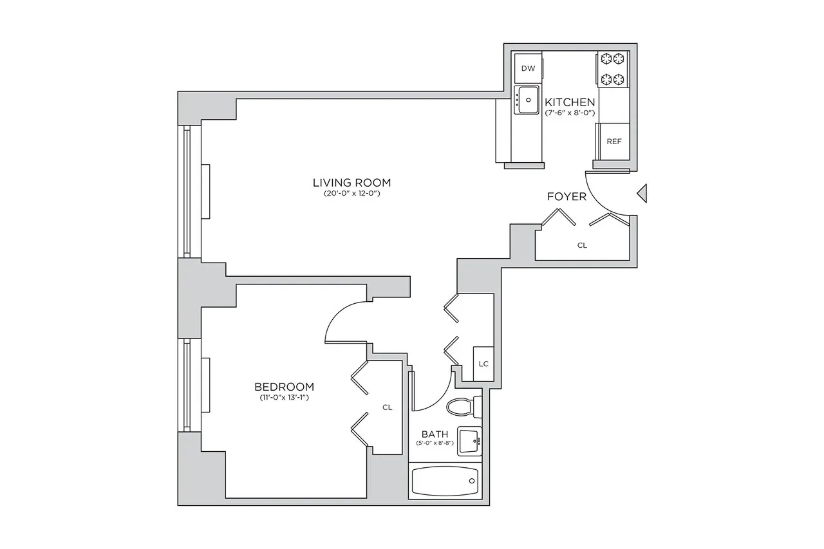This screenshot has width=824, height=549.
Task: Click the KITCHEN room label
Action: click(570, 102)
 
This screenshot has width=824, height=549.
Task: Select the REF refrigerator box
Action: click(614, 141)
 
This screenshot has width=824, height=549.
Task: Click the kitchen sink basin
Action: click(529, 99)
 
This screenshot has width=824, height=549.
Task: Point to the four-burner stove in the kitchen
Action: click(612, 70)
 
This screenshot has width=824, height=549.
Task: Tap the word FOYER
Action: click(566, 196)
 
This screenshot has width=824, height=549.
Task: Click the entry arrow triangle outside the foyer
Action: click(641, 192)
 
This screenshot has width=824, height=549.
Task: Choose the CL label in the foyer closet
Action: click(582, 245)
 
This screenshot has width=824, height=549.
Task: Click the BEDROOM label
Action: click(284, 387)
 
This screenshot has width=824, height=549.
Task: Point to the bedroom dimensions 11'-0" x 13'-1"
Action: click(284, 398)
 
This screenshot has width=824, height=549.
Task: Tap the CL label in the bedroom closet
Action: click(387, 407)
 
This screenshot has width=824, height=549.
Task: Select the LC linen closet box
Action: click(483, 364)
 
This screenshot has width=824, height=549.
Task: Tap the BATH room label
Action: click(435, 434)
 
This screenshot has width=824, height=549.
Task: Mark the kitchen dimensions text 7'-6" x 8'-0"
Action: click(570, 113)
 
